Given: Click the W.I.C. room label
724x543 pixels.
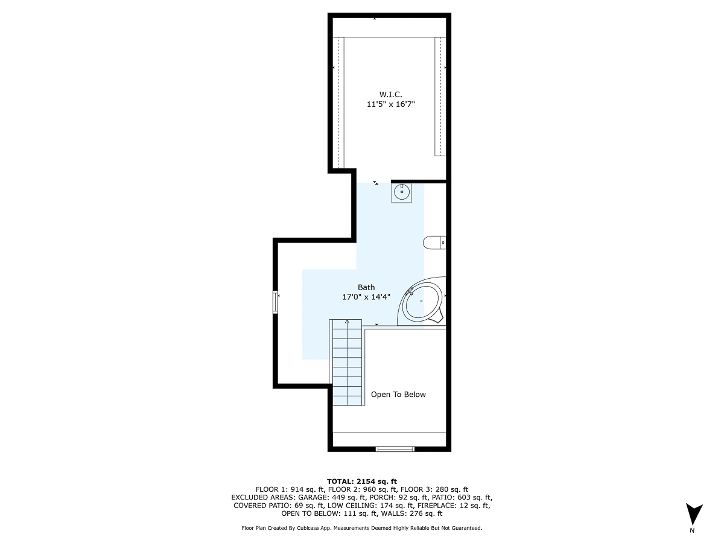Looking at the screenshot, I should click(390, 94).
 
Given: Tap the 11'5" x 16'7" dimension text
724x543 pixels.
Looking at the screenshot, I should click(390, 104).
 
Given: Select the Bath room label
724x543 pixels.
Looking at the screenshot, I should click(366, 287).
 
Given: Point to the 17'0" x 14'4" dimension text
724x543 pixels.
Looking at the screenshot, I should click(366, 297).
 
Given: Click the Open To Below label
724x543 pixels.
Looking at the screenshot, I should click(398, 395).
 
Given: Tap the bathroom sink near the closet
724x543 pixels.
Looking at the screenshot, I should click(402, 193).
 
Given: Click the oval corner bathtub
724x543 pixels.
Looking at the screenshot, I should click(422, 302).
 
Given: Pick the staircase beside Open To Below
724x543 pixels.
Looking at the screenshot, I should click(347, 365).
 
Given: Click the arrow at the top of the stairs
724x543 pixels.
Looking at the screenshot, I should click(347, 323).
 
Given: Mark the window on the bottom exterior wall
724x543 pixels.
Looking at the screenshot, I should click(395, 448).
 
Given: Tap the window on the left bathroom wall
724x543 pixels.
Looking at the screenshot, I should click(276, 302).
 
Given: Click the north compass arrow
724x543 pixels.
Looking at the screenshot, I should click(694, 514).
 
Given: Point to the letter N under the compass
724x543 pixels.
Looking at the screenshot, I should click(692, 531).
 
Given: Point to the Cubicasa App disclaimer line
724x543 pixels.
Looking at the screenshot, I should click(362, 528).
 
